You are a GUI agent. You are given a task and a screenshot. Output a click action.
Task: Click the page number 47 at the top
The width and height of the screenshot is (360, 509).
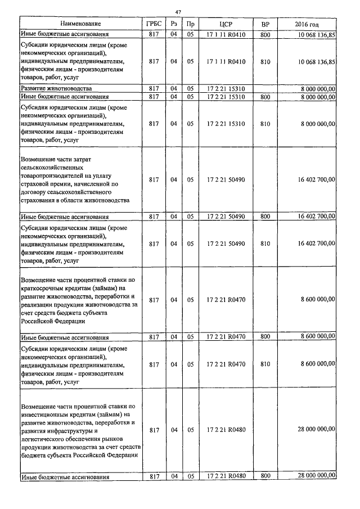tap(178, 12)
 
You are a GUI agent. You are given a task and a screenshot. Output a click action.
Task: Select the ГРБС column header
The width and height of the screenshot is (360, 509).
tap(154, 24)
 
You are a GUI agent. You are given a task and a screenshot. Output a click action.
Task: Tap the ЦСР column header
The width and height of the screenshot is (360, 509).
tap(226, 24)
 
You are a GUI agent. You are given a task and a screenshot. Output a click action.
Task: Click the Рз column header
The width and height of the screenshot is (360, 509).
tap(174, 24)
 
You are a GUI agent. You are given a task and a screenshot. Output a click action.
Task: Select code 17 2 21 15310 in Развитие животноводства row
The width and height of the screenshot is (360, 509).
tap(226, 89)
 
